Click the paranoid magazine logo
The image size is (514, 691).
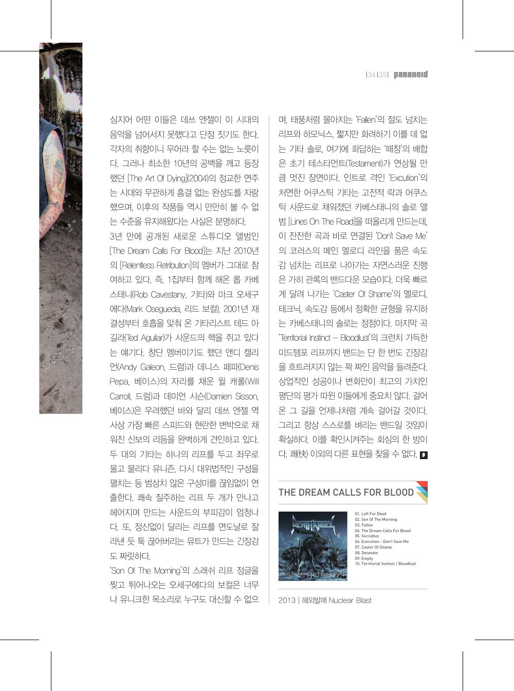(411, 75)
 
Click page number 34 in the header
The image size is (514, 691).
(371, 75)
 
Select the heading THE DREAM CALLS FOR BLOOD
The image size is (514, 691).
(346, 492)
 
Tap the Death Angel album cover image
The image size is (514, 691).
(313, 546)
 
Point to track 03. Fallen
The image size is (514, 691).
(363, 525)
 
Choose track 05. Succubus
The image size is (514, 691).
(366, 536)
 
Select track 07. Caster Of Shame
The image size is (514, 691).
(373, 547)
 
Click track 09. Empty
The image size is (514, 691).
(364, 558)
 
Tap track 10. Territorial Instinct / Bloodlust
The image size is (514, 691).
(385, 564)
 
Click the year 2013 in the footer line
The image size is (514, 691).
(287, 601)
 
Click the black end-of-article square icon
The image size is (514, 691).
(424, 454)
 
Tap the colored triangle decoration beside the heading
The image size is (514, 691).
(421, 492)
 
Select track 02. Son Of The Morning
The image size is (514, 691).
(375, 519)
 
